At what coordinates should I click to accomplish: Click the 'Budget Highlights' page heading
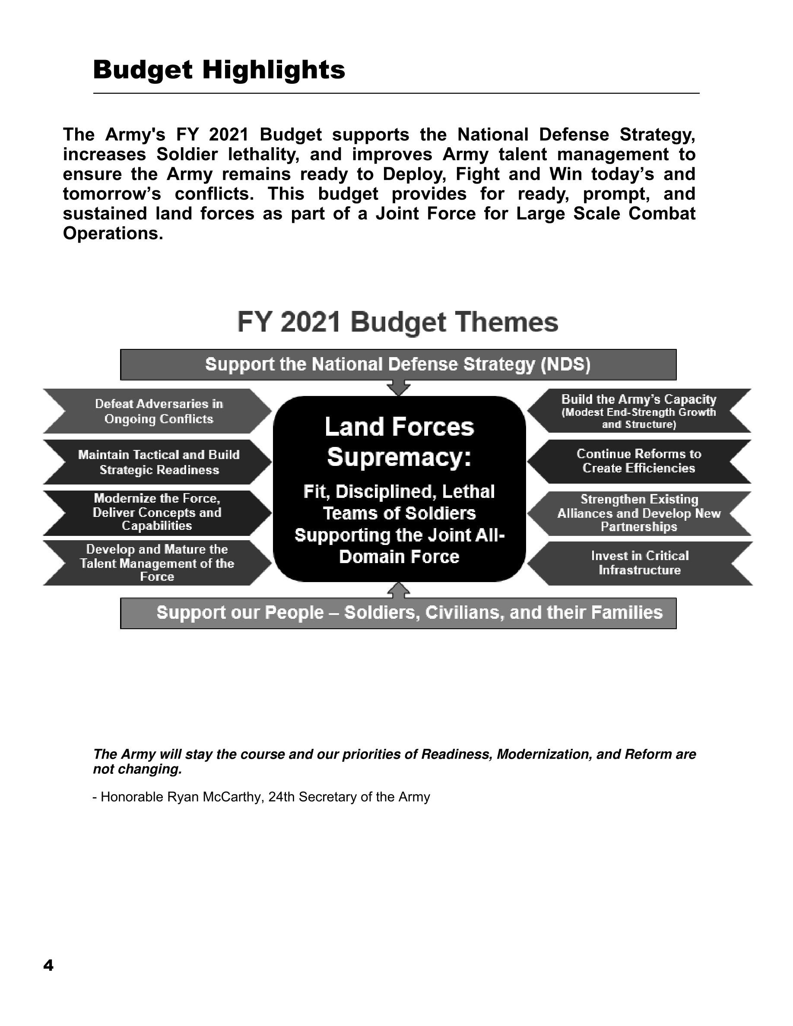click(x=219, y=70)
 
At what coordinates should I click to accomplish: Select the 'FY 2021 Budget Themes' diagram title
click(x=397, y=322)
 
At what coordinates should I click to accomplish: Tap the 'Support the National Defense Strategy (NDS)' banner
click(x=397, y=364)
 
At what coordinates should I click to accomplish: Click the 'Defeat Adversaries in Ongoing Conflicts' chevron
click(x=159, y=412)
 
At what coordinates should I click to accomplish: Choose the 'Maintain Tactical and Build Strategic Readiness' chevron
click(x=159, y=462)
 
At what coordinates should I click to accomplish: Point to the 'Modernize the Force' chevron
click(x=157, y=512)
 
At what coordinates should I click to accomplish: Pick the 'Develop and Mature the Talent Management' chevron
click(x=157, y=563)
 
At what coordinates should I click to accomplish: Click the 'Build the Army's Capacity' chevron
click(x=638, y=411)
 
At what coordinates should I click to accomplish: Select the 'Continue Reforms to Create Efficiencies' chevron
click(x=638, y=461)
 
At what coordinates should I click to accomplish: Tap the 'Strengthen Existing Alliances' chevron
click(x=638, y=513)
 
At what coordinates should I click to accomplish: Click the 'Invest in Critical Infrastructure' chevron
click(x=639, y=563)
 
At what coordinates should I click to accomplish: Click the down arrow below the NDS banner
click(x=398, y=388)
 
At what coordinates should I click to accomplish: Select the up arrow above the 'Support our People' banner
click(x=398, y=590)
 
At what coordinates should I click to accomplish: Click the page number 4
click(x=48, y=966)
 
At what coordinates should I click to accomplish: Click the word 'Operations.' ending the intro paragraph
click(x=113, y=234)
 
